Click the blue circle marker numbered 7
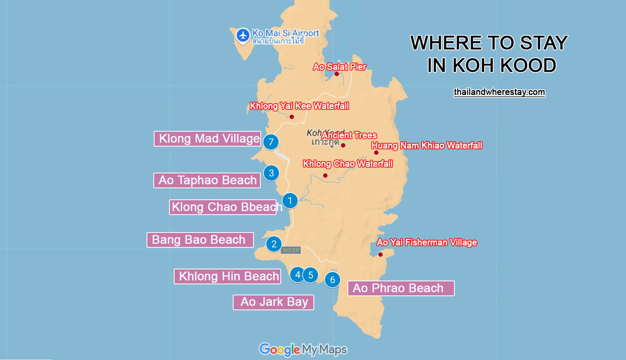point(271,142)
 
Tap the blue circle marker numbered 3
point(271,173)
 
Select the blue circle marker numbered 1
point(290,200)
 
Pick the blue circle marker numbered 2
point(274,244)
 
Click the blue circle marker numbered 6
point(333,280)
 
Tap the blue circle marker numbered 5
point(311,275)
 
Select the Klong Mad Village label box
point(208,139)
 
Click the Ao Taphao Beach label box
point(207,180)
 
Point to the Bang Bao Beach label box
point(200,240)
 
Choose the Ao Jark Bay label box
point(274,302)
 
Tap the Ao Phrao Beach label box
point(401,288)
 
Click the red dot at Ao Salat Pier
point(337,74)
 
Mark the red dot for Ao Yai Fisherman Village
point(381,255)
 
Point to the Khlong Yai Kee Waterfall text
point(299,106)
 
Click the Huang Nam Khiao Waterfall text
point(426,145)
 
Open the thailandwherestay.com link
point(499,92)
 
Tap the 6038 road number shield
point(291,250)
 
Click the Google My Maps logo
point(303,349)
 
